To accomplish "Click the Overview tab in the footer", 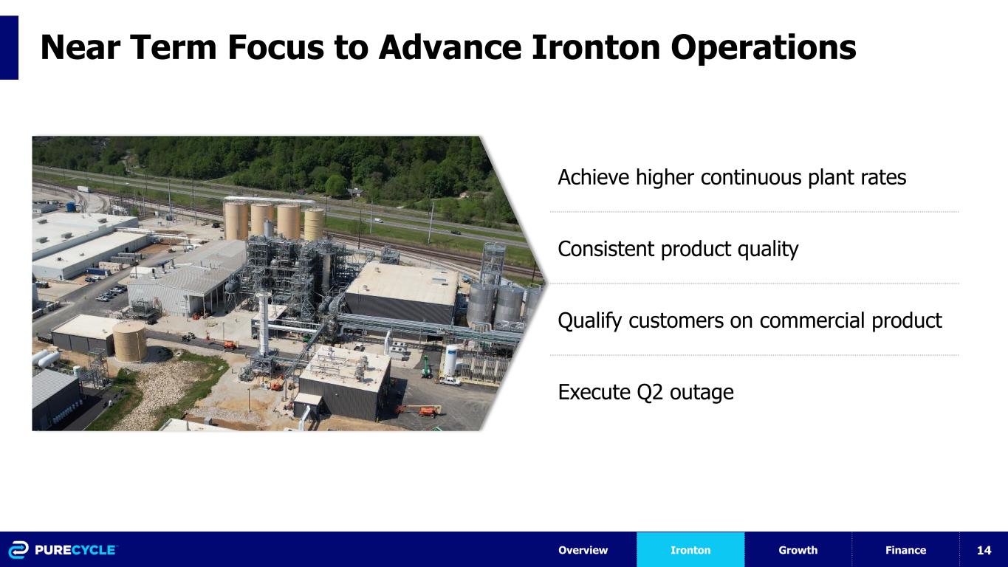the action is (x=583, y=550).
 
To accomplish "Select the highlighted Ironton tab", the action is (x=690, y=550).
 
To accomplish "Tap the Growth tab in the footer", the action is (x=798, y=550).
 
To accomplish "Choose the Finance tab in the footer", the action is (x=905, y=550).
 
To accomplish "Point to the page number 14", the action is (x=984, y=550).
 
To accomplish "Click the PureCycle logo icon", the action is (x=18, y=550).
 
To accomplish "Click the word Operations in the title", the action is (x=764, y=48).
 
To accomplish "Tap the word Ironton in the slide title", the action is (x=596, y=47).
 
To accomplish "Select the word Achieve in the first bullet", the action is (x=593, y=177).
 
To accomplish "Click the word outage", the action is (x=702, y=393).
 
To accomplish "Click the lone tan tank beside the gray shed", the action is (x=130, y=342).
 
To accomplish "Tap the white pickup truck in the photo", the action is (x=450, y=381).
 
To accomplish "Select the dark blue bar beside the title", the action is (x=9, y=48).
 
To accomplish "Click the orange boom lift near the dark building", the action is (x=421, y=410).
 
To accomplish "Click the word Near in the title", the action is (x=80, y=47).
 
